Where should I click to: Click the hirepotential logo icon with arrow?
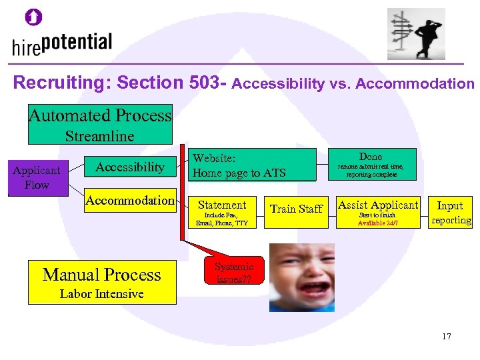[x=33, y=18]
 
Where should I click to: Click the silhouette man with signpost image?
[x=416, y=34]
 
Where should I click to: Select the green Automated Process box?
[x=99, y=124]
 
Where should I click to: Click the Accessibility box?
[x=129, y=167]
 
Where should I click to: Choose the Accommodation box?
[x=130, y=200]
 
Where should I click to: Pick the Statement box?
[x=222, y=212]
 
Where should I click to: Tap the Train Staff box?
[x=296, y=209]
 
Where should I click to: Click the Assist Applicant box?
[x=377, y=212]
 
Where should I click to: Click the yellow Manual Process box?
[x=102, y=282]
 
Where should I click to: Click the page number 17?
[x=446, y=336]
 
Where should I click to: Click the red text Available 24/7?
[x=377, y=223]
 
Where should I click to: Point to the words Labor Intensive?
[x=101, y=294]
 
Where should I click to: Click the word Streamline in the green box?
[x=99, y=136]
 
